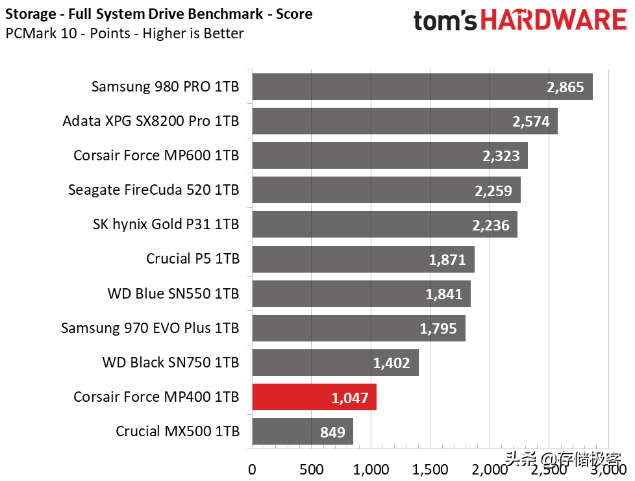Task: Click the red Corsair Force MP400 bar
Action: click(x=314, y=397)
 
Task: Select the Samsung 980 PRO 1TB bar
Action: click(x=422, y=86)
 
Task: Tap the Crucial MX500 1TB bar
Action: click(x=302, y=431)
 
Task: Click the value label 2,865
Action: click(x=566, y=88)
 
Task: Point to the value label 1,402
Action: click(x=392, y=364)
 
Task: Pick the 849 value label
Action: click(x=332, y=432)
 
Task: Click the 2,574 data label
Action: click(x=530, y=122)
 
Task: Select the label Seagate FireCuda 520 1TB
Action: click(x=153, y=190)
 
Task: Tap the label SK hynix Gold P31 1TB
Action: click(x=166, y=225)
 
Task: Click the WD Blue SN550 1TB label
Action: click(x=173, y=293)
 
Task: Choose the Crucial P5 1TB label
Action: click(x=192, y=259)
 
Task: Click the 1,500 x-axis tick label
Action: click(x=430, y=469)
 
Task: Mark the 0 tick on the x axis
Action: click(x=252, y=469)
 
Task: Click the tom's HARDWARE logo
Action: click(x=519, y=20)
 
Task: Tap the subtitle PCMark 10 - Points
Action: click(x=124, y=33)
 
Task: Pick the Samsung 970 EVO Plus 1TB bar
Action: click(x=358, y=328)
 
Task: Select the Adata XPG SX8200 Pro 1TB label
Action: click(x=151, y=121)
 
